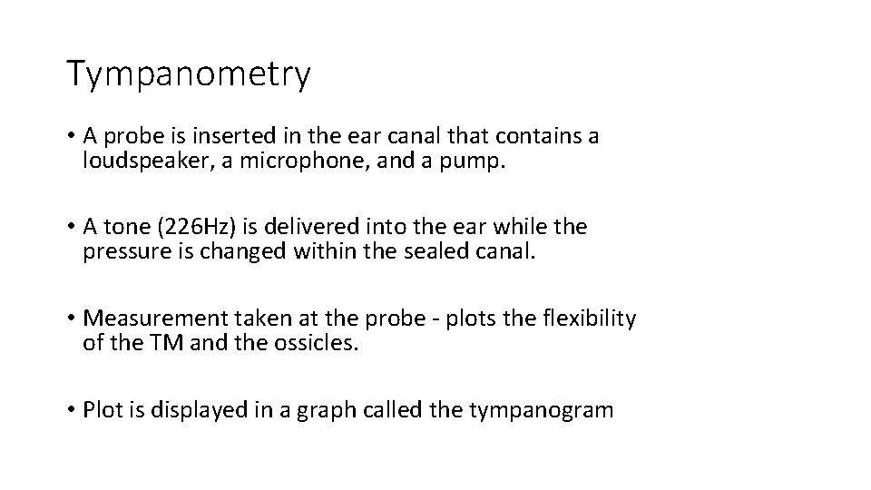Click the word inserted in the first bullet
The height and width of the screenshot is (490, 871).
pos(233,136)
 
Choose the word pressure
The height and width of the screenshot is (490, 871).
pos(123,251)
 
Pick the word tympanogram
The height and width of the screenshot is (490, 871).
pos(542,410)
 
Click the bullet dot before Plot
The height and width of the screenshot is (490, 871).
pos(71,410)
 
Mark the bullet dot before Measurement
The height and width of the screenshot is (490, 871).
pos(71,318)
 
